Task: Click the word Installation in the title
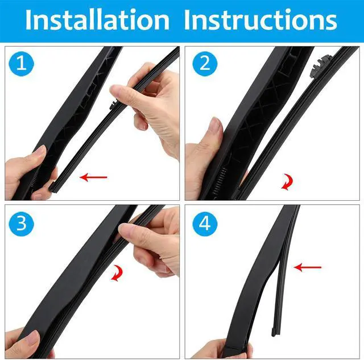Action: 97,20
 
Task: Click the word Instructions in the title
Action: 260,20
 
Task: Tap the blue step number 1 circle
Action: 22,64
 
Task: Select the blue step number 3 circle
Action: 22,223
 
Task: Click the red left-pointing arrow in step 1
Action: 93,177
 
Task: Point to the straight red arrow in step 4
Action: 307,266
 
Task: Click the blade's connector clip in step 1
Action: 113,106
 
